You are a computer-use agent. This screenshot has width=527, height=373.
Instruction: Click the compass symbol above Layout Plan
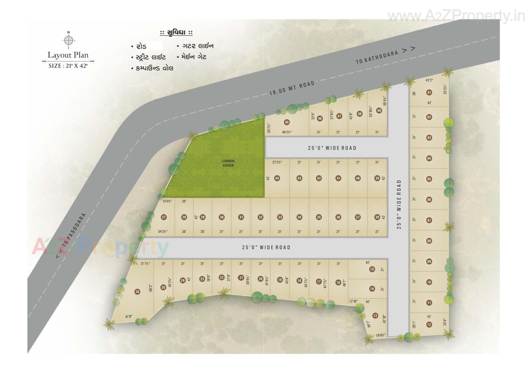[x=68, y=40]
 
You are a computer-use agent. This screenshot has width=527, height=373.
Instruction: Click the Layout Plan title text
[x=68, y=55]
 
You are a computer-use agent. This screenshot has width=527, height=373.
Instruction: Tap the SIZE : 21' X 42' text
[x=68, y=66]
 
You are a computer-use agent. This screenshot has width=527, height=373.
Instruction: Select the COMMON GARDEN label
[x=228, y=163]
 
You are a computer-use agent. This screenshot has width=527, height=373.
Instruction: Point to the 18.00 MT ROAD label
[x=291, y=88]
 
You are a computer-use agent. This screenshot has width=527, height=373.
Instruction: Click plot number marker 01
[x=429, y=92]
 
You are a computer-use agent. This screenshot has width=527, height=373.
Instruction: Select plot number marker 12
[x=429, y=324]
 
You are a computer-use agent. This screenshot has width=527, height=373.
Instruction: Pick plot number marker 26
[x=137, y=292]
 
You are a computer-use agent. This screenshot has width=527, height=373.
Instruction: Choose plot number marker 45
[x=287, y=122]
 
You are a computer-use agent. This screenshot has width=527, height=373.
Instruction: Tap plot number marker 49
[x=379, y=110]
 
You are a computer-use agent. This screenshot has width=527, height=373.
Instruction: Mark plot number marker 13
[x=375, y=316]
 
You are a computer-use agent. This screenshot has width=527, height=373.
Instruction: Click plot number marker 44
[x=277, y=178]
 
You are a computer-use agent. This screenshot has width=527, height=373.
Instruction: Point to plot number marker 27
[x=164, y=217]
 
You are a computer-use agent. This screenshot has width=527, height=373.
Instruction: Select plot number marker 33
[x=280, y=217]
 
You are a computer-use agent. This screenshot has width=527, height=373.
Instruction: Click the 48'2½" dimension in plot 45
[x=287, y=132]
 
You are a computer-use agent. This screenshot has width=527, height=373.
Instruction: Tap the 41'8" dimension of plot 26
[x=128, y=316]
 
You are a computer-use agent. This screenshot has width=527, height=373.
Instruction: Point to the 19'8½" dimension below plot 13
[x=380, y=335]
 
